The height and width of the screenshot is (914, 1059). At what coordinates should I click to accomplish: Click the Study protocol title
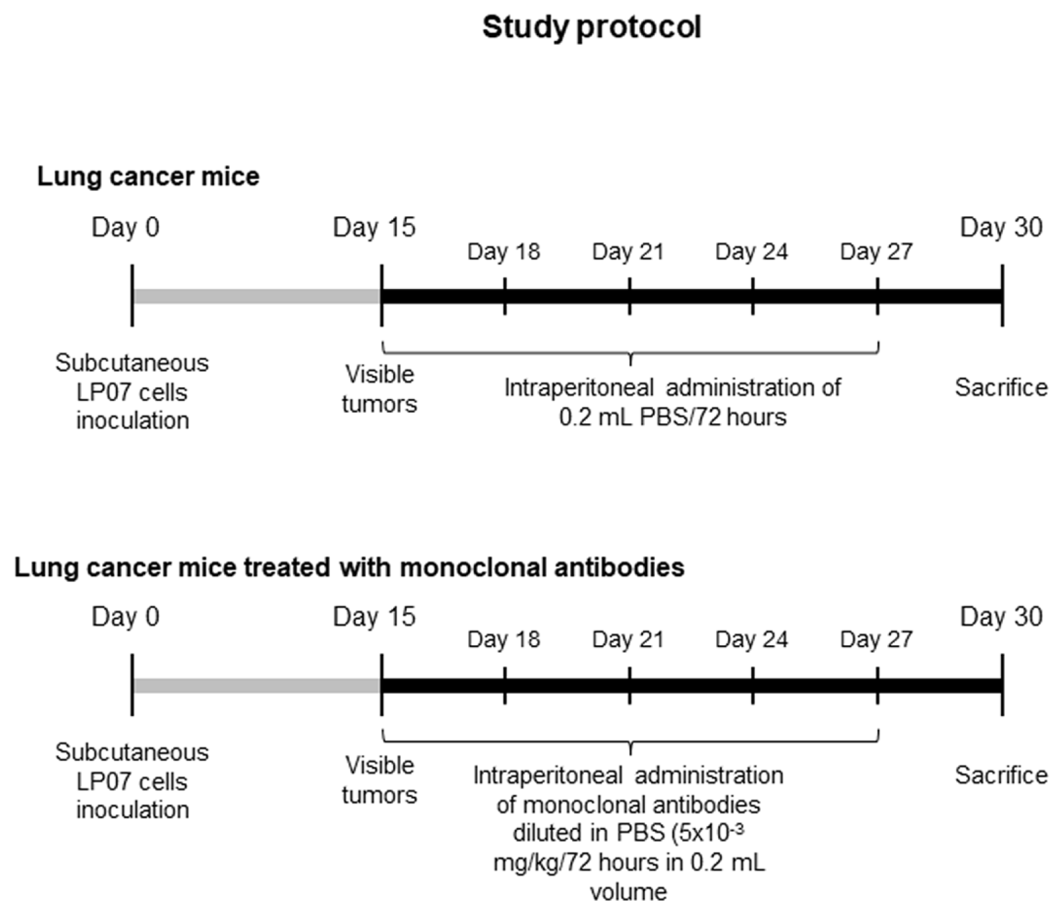[591, 28]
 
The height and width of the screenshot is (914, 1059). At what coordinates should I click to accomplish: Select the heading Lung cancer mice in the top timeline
[148, 176]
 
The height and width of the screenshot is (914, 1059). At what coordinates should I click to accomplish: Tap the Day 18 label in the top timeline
[504, 252]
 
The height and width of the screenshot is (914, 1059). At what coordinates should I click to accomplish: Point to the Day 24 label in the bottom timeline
[751, 639]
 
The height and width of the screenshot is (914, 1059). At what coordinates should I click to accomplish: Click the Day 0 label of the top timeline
[125, 228]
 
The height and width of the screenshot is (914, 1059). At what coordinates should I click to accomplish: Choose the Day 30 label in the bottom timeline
[1001, 616]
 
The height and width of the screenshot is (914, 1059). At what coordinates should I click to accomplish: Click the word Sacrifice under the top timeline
[1001, 388]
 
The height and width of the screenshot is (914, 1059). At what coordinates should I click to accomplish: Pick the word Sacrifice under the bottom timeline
[1001, 775]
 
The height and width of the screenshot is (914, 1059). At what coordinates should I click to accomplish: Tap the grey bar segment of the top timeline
[256, 296]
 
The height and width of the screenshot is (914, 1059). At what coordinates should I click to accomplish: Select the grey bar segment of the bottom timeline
[256, 685]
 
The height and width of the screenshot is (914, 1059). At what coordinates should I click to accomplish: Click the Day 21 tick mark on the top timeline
[629, 296]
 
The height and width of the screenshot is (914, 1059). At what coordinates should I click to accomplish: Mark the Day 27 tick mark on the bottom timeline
[877, 685]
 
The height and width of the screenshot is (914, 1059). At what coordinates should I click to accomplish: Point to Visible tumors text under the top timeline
[379, 389]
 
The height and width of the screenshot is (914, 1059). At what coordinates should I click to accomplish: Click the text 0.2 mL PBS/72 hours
[672, 417]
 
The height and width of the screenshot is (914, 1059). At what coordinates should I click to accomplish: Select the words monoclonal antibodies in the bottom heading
[542, 568]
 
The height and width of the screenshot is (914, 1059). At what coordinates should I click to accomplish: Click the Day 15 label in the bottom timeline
[374, 616]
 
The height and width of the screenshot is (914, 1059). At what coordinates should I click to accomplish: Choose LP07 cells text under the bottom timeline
[131, 781]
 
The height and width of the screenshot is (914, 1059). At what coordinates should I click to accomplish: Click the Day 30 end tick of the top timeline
[1002, 296]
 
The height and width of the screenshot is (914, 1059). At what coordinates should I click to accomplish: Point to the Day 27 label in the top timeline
[876, 252]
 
